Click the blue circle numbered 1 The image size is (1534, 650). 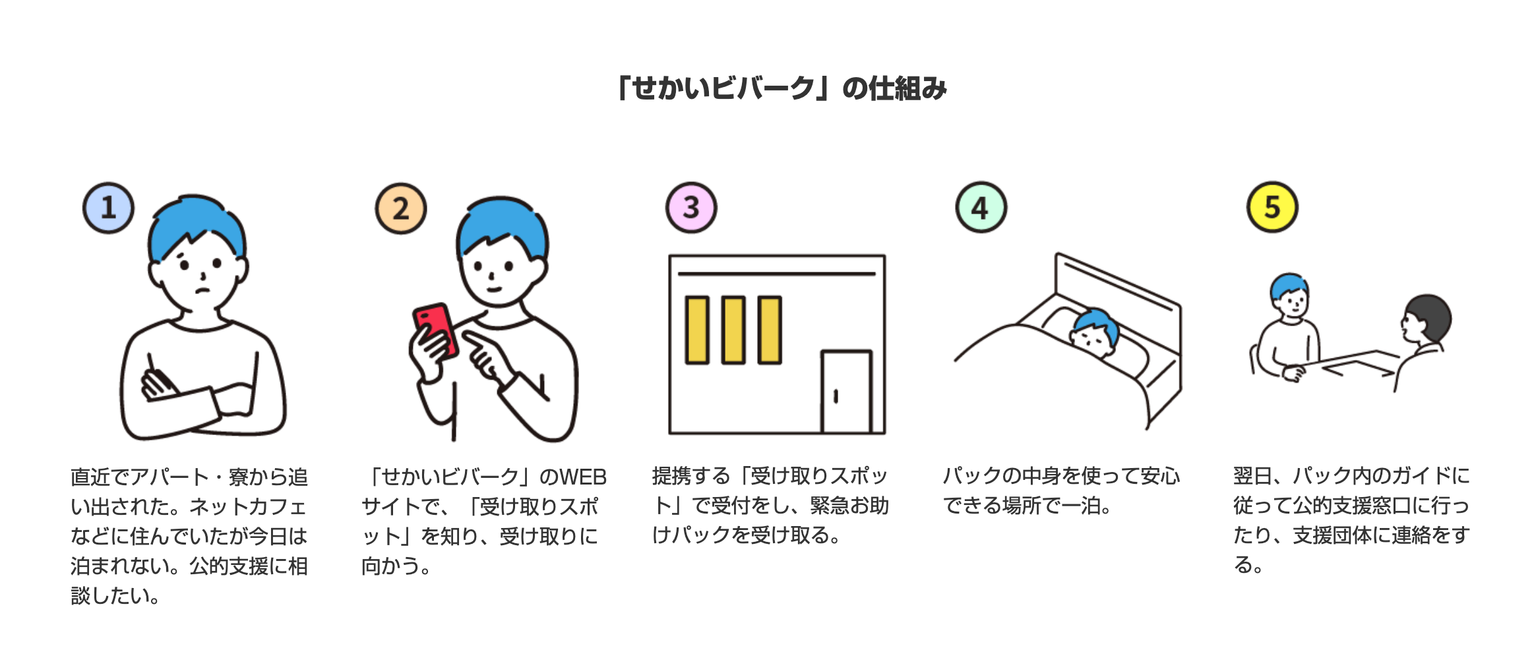(x=108, y=208)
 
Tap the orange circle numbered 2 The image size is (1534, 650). (x=400, y=208)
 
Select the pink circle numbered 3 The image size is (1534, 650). (x=690, y=208)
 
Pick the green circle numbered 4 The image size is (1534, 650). (x=981, y=208)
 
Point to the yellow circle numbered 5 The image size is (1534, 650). (x=1272, y=207)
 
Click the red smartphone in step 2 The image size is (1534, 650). (x=435, y=330)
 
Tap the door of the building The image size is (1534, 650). (x=846, y=392)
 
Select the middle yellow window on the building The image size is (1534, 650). (x=733, y=330)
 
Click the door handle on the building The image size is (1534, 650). (x=836, y=396)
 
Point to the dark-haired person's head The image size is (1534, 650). (x=1428, y=318)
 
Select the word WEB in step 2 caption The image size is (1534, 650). (x=582, y=477)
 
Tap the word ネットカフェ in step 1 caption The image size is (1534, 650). (x=248, y=506)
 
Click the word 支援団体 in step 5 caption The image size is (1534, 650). (x=1332, y=535)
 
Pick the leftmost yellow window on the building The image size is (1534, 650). (x=697, y=330)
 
